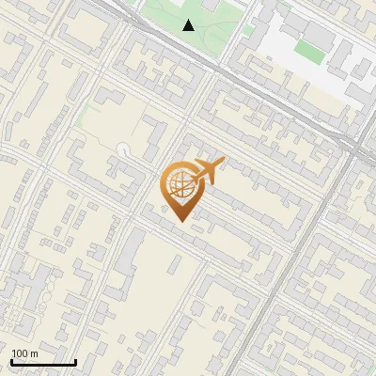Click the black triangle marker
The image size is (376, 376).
coord(189,25)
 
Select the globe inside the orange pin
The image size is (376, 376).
coord(180,184)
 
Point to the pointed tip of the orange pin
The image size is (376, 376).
coord(180,221)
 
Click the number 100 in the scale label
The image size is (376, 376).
coord(20,353)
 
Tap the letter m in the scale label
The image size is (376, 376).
coord(34,353)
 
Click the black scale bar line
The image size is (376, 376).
coord(42,362)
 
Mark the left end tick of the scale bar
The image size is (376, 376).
coord(11,360)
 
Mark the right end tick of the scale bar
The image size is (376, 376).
coord(74,360)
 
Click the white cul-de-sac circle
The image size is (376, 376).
coord(126,148)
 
